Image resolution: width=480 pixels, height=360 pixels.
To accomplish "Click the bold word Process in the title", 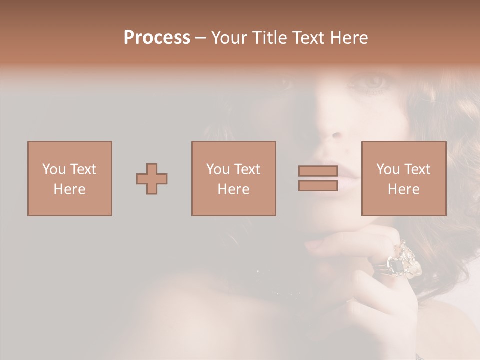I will click(157, 37).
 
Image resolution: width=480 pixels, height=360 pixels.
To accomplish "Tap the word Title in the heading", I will click(268, 37).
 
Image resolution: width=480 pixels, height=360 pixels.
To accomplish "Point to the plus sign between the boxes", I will click(152, 178).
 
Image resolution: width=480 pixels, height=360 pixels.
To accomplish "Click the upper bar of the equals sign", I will click(318, 171).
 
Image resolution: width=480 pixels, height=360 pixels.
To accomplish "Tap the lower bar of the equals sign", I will click(318, 186).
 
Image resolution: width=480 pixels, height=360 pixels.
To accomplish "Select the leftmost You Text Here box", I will click(69, 178).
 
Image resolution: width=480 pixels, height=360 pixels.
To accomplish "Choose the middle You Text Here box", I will click(233, 178).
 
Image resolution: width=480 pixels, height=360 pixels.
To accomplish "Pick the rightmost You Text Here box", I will click(403, 178).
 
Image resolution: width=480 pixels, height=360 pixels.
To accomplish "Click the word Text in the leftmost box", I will click(83, 169).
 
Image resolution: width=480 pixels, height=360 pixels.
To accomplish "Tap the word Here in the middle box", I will click(233, 189).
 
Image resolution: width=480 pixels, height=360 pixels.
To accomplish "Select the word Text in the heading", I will click(308, 37).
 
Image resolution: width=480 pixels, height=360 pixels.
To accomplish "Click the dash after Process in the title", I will click(201, 38).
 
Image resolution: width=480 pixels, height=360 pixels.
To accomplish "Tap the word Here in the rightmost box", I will click(403, 189).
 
